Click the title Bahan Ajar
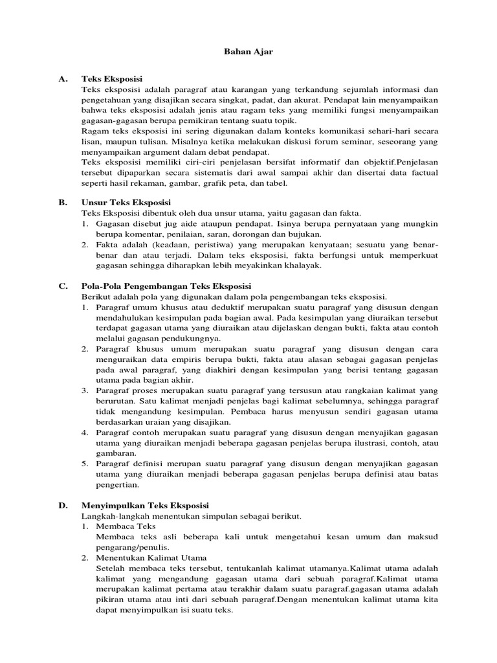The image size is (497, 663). click(248, 52)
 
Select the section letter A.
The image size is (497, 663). click(63, 79)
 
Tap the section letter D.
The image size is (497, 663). click(63, 505)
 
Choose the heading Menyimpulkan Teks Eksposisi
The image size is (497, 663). click(145, 505)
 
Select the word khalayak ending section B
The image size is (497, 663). click(300, 265)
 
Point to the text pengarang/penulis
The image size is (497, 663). click(128, 546)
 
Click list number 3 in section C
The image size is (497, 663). click(85, 390)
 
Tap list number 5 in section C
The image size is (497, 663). click(85, 464)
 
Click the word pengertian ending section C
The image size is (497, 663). click(116, 484)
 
